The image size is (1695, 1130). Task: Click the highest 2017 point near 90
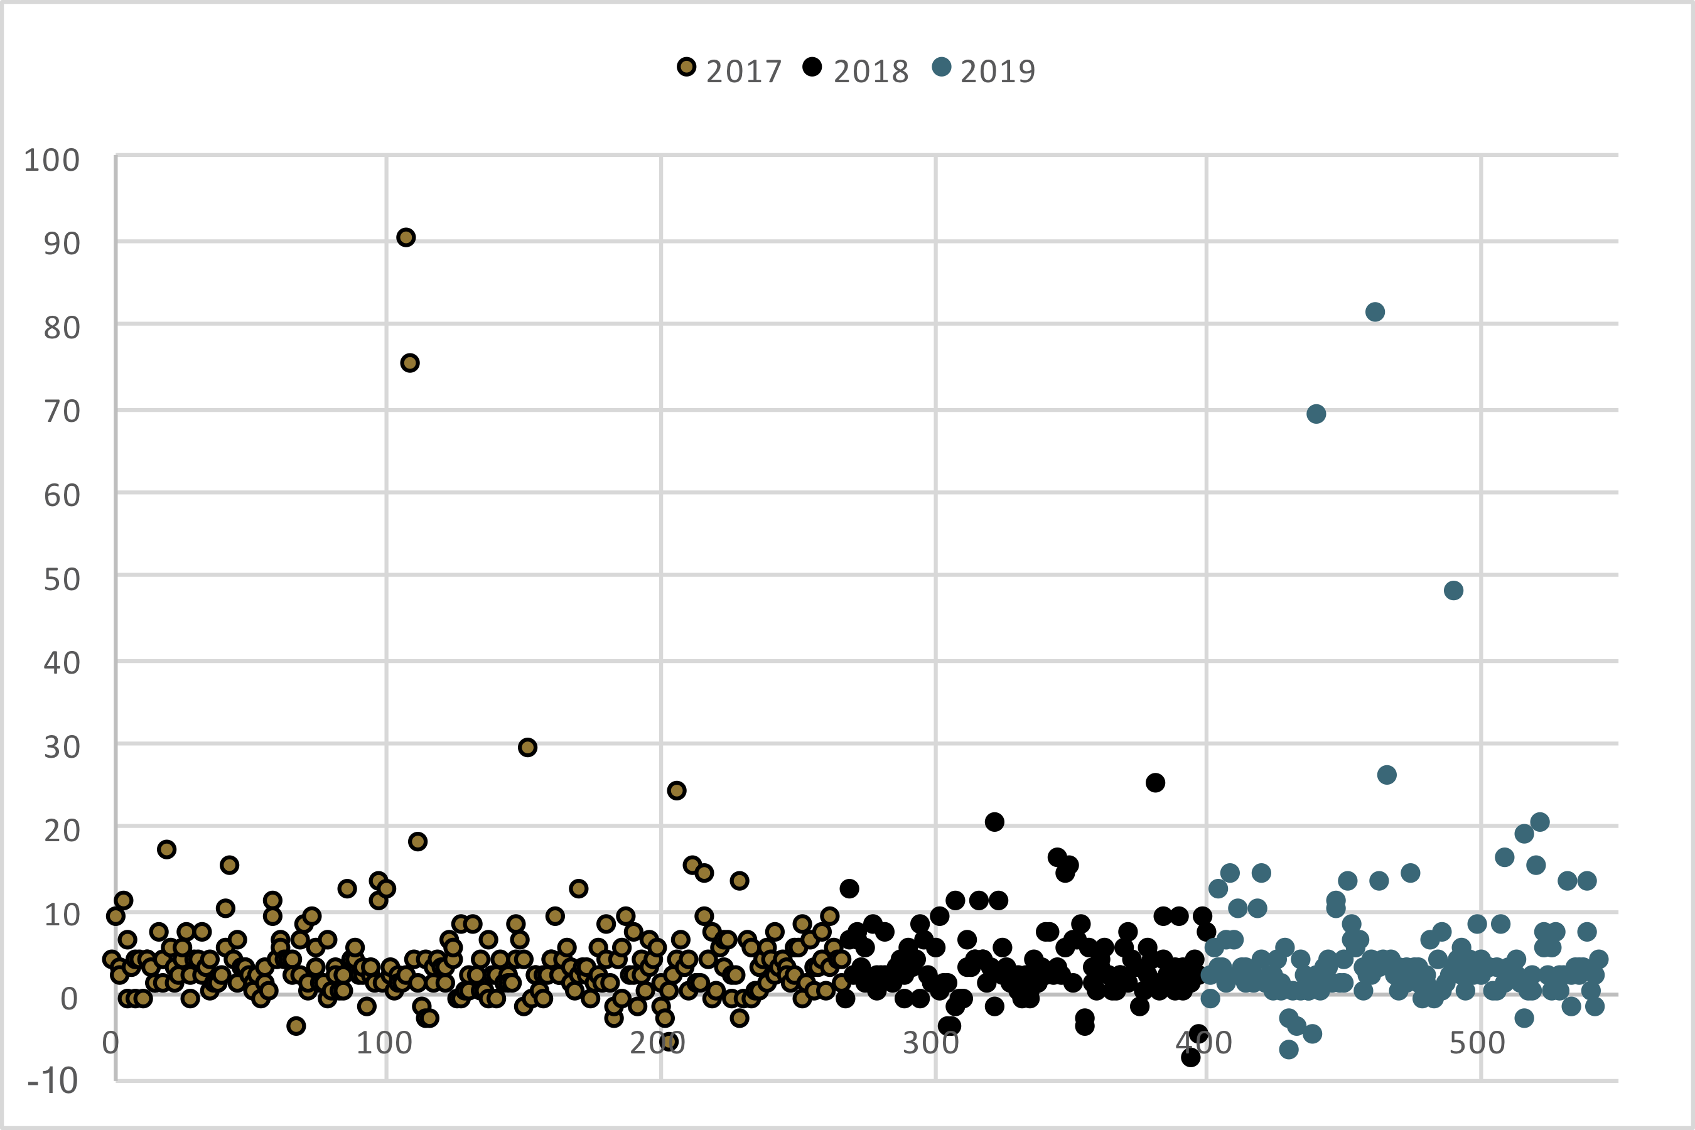click(406, 238)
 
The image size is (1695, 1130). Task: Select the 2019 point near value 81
click(1374, 312)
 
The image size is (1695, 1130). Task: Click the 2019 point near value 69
click(1316, 414)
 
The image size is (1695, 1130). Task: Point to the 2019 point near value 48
click(1453, 591)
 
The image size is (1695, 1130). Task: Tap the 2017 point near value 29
click(527, 747)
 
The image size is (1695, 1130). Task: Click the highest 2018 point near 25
click(1155, 783)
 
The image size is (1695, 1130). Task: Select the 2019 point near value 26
click(1387, 775)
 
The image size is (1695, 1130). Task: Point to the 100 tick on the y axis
click(52, 161)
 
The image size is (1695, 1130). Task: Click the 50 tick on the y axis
click(62, 580)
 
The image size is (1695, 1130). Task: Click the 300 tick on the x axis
click(930, 1043)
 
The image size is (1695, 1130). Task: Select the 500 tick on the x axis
click(1477, 1043)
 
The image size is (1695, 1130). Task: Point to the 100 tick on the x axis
click(384, 1043)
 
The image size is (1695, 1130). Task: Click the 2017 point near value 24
click(676, 790)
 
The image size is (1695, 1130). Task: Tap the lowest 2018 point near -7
click(1190, 1058)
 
